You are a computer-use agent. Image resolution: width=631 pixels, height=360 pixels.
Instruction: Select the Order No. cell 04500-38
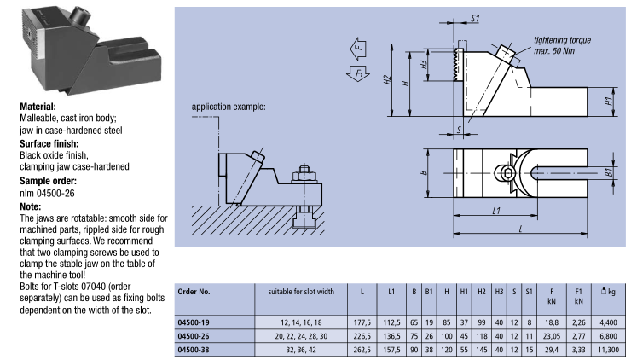pos(198,349)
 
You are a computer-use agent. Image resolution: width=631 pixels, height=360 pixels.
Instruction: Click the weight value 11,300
pos(611,349)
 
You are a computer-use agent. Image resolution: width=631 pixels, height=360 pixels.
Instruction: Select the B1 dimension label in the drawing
pos(610,171)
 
